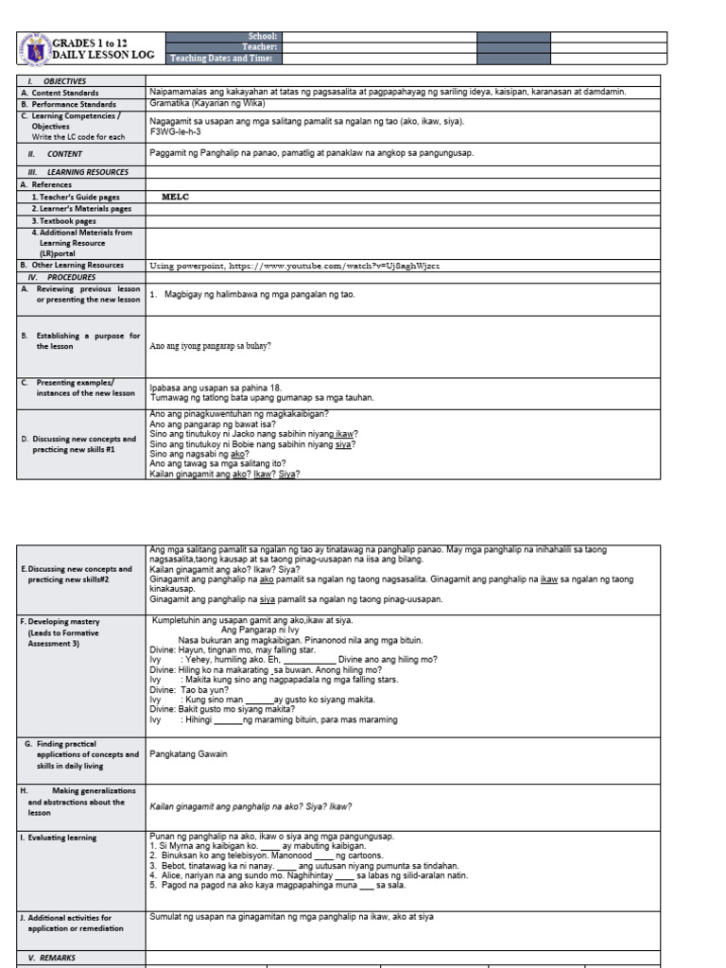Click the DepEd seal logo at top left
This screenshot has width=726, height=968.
34,49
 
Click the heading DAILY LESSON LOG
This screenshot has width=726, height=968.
102,56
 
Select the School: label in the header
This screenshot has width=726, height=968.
260,36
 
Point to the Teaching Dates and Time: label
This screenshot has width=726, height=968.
223,59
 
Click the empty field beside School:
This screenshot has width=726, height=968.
379,37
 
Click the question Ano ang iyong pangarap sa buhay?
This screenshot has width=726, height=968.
211,346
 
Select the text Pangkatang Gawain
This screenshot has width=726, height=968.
189,754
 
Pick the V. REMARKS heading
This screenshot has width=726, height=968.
57,957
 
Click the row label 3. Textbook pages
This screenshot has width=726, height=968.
71,219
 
